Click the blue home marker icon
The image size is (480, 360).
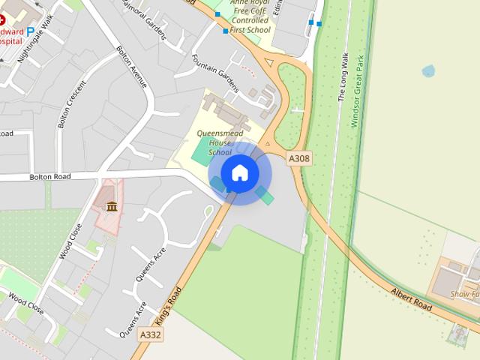(240, 172)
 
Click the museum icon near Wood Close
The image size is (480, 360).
(112, 206)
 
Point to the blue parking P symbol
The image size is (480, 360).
(31, 32)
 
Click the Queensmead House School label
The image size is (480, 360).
(215, 142)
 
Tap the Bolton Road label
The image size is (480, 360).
(49, 177)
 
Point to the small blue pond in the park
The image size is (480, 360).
(428, 71)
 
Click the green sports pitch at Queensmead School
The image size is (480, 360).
(200, 151)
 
